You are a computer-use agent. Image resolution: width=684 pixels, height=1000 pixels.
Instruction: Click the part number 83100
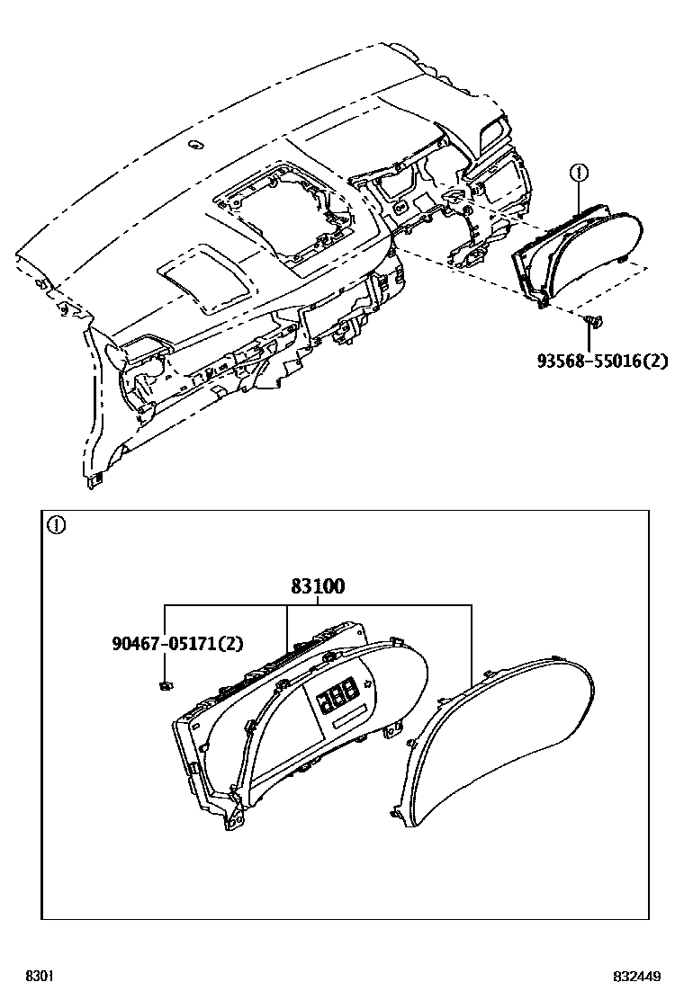(317, 586)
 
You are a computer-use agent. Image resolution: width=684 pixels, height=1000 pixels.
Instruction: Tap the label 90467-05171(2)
(178, 644)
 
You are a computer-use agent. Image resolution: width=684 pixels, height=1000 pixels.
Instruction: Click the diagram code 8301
(39, 977)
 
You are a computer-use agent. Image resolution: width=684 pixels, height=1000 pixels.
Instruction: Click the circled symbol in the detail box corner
(56, 526)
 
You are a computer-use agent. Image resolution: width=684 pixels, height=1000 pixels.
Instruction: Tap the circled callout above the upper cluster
(580, 171)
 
